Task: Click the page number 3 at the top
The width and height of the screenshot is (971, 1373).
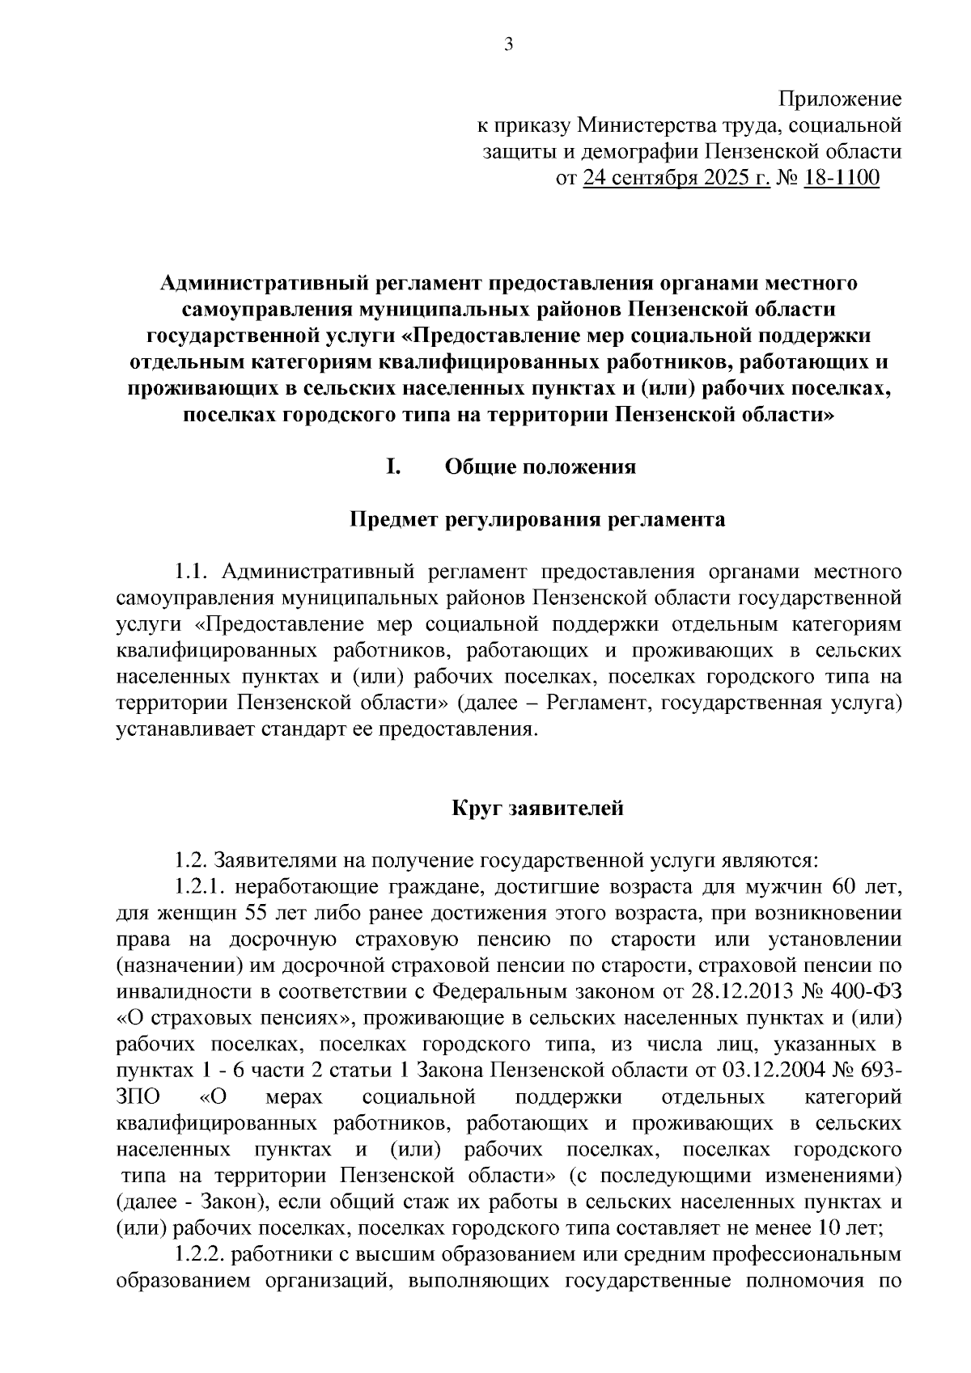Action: pyautogui.click(x=508, y=46)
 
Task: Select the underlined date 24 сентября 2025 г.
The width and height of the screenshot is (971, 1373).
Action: pyautogui.click(x=676, y=178)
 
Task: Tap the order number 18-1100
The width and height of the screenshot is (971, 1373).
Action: pyautogui.click(x=842, y=178)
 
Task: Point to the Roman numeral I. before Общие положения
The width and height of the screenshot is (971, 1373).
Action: pyautogui.click(x=394, y=467)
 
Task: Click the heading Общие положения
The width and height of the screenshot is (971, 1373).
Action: pyautogui.click(x=540, y=467)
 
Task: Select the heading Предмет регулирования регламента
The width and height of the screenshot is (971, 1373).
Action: pyautogui.click(x=536, y=519)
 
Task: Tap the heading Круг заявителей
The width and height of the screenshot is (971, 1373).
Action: pyautogui.click(x=536, y=807)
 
